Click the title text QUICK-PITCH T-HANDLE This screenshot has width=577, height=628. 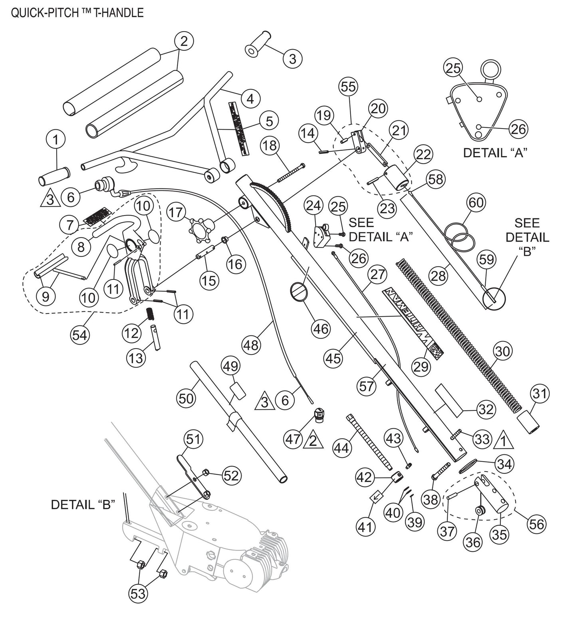coord(77,12)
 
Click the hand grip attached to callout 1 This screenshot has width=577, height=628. coord(54,176)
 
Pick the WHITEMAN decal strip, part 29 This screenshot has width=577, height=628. coord(411,321)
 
